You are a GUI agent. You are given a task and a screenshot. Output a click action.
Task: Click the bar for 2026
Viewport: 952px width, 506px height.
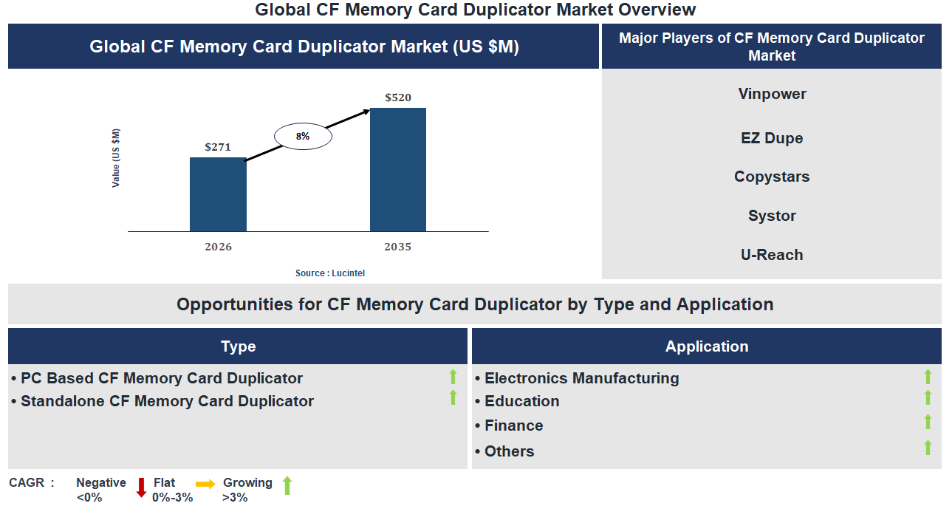218,194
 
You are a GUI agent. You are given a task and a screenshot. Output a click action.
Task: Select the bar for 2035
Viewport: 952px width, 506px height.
398,170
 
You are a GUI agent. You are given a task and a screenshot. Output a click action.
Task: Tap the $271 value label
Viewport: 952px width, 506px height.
218,147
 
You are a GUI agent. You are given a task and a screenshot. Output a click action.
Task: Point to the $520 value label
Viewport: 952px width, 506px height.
398,98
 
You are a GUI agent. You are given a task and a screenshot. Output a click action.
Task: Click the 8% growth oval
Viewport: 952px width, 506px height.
303,137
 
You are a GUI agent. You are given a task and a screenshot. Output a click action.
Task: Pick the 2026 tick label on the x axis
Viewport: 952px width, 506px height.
218,247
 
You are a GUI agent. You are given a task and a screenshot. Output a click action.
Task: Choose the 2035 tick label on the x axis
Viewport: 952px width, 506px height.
398,247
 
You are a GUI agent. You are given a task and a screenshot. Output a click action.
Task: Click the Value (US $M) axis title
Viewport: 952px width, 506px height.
116,158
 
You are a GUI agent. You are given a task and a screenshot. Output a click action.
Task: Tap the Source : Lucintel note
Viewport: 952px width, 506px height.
330,273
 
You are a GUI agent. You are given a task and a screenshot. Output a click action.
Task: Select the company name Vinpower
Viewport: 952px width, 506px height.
772,94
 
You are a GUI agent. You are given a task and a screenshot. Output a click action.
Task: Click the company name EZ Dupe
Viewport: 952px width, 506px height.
772,138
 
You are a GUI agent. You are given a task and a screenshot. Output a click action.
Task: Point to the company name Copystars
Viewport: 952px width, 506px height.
772,177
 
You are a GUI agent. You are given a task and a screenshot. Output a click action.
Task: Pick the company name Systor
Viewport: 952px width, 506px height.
772,216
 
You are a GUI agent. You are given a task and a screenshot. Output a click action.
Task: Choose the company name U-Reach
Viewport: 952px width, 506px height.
772,255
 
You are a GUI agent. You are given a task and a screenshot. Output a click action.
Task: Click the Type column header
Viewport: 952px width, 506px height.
238,346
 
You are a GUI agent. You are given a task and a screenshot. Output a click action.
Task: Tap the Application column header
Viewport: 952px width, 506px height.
707,346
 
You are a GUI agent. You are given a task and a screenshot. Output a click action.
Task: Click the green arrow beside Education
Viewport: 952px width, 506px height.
928,398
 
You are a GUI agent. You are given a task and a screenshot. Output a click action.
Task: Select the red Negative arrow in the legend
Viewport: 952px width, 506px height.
141,488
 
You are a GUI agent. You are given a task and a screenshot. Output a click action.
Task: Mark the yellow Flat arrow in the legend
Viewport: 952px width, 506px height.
205,485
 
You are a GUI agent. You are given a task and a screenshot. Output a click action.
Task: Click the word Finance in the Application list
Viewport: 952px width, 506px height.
513,425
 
